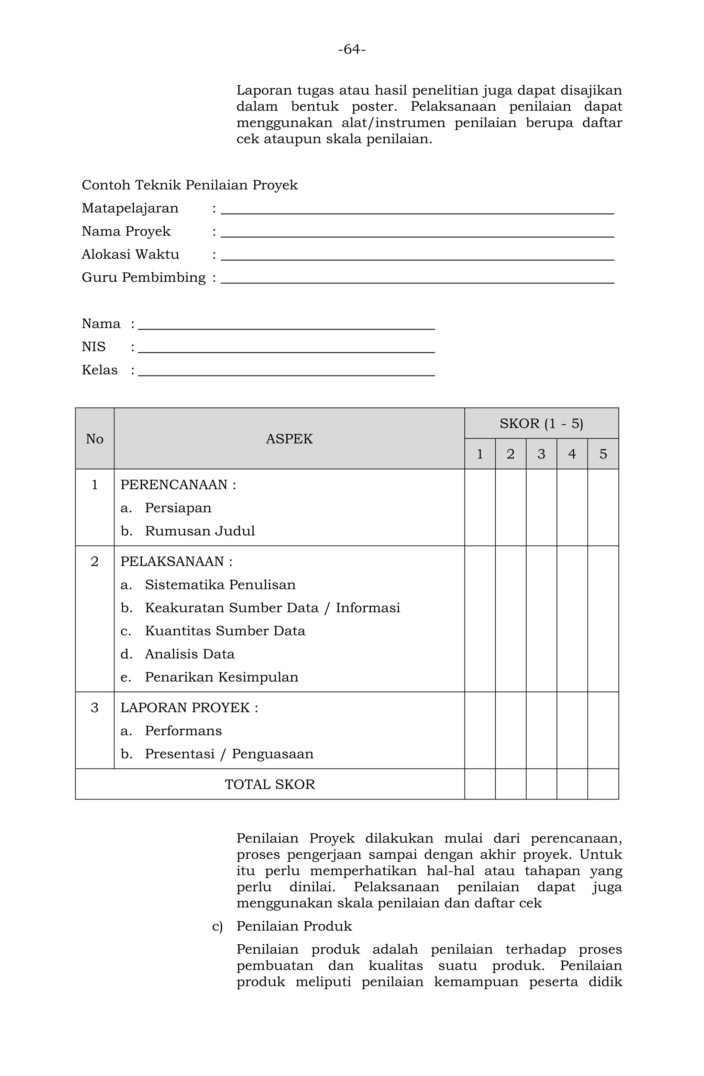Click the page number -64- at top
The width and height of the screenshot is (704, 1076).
[352, 49]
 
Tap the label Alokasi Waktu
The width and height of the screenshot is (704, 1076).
[130, 254]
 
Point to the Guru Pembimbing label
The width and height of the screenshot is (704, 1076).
[143, 277]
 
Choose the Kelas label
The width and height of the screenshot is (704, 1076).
[99, 370]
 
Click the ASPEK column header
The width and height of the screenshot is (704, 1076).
[289, 438]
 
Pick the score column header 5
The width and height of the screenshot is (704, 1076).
[603, 454]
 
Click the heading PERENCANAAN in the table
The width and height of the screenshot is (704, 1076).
[178, 485]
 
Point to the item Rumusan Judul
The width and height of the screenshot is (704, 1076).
[200, 531]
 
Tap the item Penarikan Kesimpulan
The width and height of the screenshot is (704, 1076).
[221, 677]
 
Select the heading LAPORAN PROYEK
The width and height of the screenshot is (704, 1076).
[189, 708]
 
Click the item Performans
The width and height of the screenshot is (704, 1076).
[183, 731]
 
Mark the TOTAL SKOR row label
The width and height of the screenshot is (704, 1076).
[270, 784]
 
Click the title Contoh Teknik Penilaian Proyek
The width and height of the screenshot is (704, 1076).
[189, 185]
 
